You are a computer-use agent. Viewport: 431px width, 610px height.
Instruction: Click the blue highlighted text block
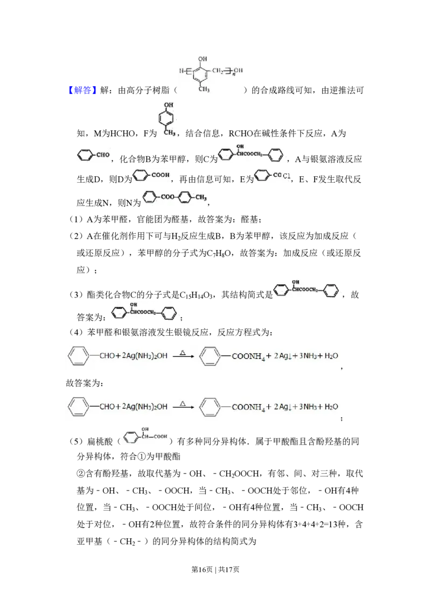(x=83, y=89)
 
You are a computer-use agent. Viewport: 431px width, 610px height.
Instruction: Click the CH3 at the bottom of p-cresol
(x=170, y=132)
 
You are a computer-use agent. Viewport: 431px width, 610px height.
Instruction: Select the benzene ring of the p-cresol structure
(x=168, y=117)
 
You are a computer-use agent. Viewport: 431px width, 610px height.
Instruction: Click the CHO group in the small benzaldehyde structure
(x=103, y=156)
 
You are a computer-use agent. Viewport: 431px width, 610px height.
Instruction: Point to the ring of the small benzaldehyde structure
(x=85, y=156)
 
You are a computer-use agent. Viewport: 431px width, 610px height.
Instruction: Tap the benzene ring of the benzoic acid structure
(x=140, y=175)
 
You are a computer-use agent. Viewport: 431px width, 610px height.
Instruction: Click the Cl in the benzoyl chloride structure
(x=287, y=176)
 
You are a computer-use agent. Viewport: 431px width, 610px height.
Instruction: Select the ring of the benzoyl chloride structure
(x=262, y=175)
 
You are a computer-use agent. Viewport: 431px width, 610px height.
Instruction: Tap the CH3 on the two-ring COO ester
(x=200, y=198)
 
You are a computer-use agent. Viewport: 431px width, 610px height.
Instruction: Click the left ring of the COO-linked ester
(x=151, y=198)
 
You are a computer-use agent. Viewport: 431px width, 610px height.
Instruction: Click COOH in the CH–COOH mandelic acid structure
(x=160, y=436)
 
